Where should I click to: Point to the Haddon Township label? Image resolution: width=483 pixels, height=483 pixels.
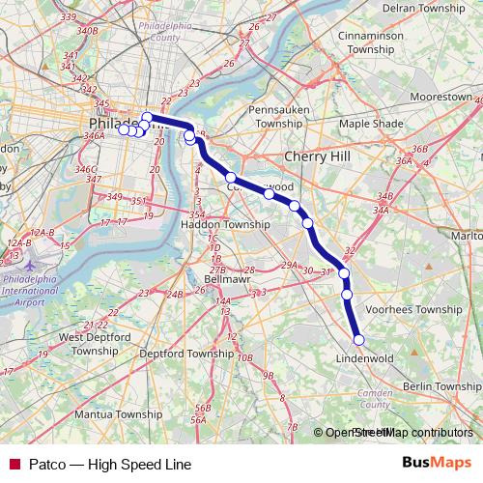point(226,224)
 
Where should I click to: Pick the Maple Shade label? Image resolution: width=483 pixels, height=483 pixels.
point(372,124)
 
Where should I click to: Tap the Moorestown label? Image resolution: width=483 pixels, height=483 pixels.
point(440,99)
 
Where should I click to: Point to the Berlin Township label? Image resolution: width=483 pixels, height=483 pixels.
point(441,386)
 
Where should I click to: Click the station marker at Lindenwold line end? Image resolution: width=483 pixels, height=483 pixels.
point(358,339)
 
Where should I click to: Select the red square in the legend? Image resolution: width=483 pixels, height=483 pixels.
point(14,464)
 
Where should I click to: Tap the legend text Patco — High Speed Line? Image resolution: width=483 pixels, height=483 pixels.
point(109,464)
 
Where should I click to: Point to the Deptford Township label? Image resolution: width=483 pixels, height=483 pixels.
point(186,355)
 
